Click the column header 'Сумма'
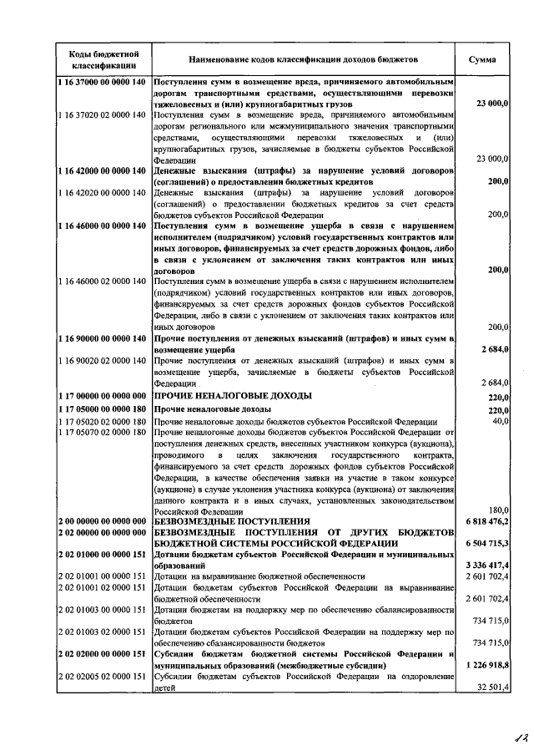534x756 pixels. [x=482, y=60]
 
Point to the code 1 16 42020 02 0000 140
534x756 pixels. [x=103, y=193]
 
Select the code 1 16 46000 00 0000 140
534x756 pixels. [x=103, y=226]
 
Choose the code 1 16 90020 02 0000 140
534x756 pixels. [x=103, y=360]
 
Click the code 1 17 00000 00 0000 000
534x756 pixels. [x=103, y=395]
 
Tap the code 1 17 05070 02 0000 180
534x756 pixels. [x=103, y=433]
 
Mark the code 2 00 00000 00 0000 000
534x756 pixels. [x=103, y=521]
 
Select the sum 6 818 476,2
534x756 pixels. [x=486, y=521]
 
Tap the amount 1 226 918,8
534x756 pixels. [x=486, y=665]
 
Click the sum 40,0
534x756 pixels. [x=499, y=421]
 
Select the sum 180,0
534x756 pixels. [x=497, y=510]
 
